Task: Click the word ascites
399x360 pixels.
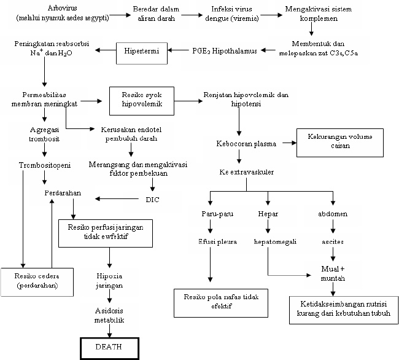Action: (333, 241)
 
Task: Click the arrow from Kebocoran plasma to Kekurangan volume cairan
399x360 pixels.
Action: (286, 143)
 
